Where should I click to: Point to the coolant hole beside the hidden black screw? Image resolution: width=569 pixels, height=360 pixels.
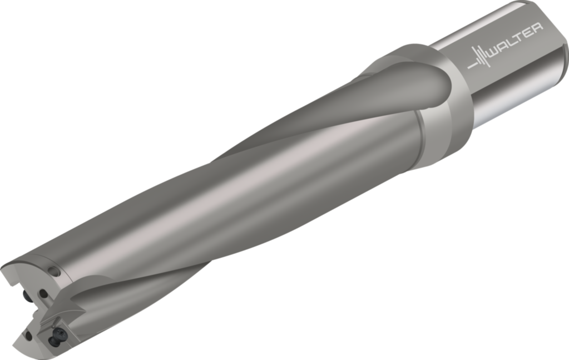pos(42,293)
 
